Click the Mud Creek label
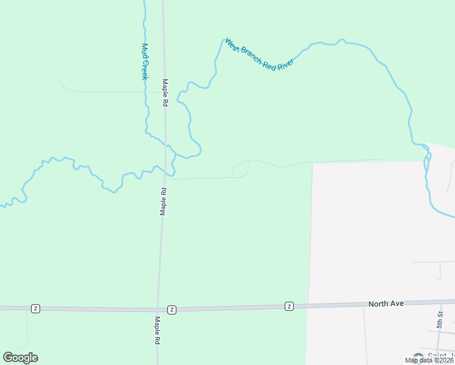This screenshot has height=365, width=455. click(x=145, y=61)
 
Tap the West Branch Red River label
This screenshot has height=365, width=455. click(x=260, y=54)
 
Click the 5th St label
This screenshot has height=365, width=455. click(x=440, y=318)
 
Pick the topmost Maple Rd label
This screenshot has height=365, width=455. click(x=164, y=93)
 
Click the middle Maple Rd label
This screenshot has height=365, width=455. click(x=163, y=201)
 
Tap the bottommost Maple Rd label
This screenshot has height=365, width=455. click(x=156, y=331)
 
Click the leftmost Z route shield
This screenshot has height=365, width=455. click(x=35, y=308)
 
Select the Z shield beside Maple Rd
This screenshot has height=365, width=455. click(x=172, y=310)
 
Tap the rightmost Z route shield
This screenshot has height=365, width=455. click(x=290, y=306)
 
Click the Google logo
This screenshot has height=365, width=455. click(x=20, y=357)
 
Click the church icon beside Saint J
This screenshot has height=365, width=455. click(x=418, y=356)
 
